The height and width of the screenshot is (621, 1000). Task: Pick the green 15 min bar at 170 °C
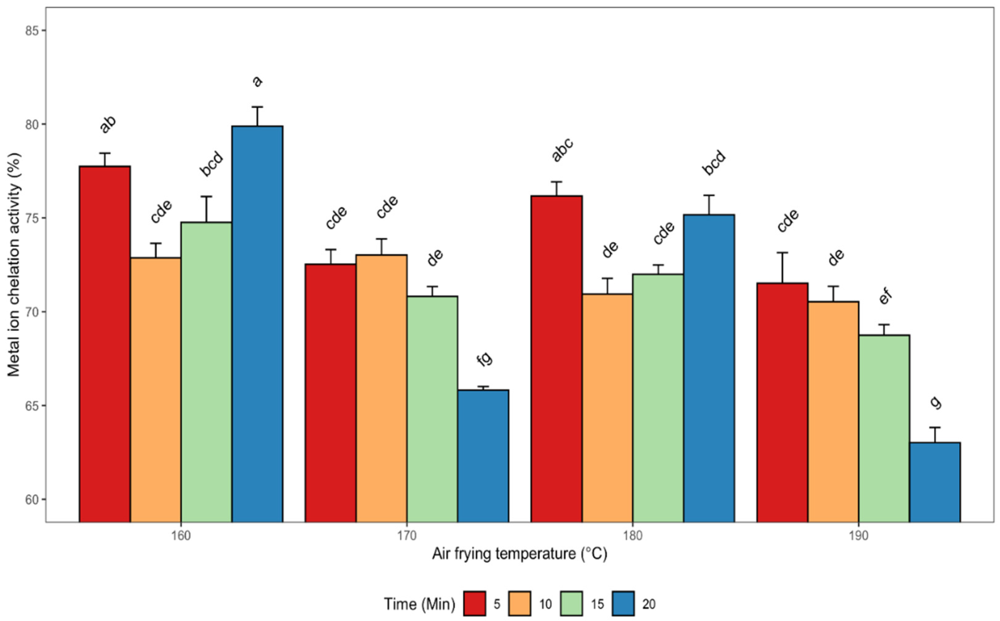coord(432,409)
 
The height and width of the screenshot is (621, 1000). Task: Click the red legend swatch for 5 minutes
coord(475,603)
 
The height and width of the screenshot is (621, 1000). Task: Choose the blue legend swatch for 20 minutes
coord(623,603)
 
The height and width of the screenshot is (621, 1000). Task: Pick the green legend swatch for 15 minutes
coord(571,603)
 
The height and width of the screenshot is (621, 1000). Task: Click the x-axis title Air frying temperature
coord(519,554)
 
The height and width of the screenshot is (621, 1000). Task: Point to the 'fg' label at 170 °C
coord(484,359)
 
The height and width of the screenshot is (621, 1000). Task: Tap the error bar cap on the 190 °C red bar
coord(782,253)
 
